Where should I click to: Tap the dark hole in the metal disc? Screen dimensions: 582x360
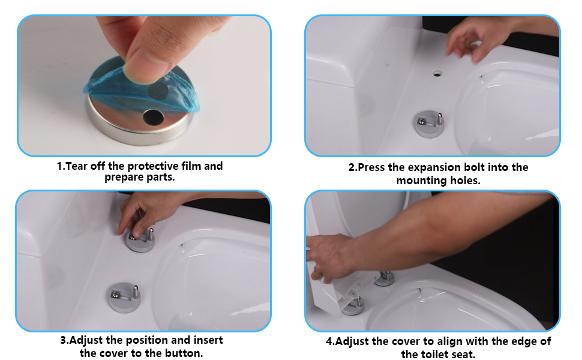(154, 117)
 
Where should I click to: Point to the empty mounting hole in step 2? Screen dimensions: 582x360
(437, 74)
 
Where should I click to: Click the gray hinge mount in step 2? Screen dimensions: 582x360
(430, 124)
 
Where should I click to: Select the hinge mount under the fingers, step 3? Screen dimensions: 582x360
(140, 241)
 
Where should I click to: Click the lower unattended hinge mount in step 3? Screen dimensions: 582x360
(125, 298)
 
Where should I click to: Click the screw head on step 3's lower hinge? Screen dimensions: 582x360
(115, 295)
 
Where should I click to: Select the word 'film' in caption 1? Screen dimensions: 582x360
(191, 166)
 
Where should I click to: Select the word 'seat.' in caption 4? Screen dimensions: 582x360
(461, 354)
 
